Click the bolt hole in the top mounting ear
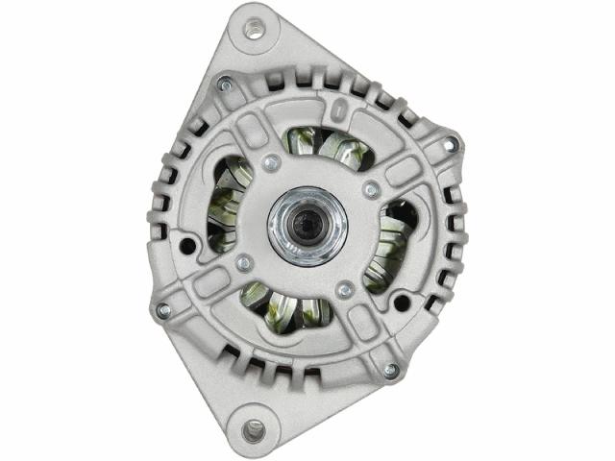(x=255, y=29)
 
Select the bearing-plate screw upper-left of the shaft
(x=272, y=163)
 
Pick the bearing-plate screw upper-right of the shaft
(x=371, y=190)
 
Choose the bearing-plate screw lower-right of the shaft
(x=345, y=289)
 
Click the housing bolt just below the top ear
(x=224, y=85)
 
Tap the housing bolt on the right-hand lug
(x=449, y=145)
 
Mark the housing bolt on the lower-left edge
(x=163, y=310)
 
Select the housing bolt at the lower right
(x=390, y=370)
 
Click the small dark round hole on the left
(x=186, y=246)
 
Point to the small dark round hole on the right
(x=402, y=303)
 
